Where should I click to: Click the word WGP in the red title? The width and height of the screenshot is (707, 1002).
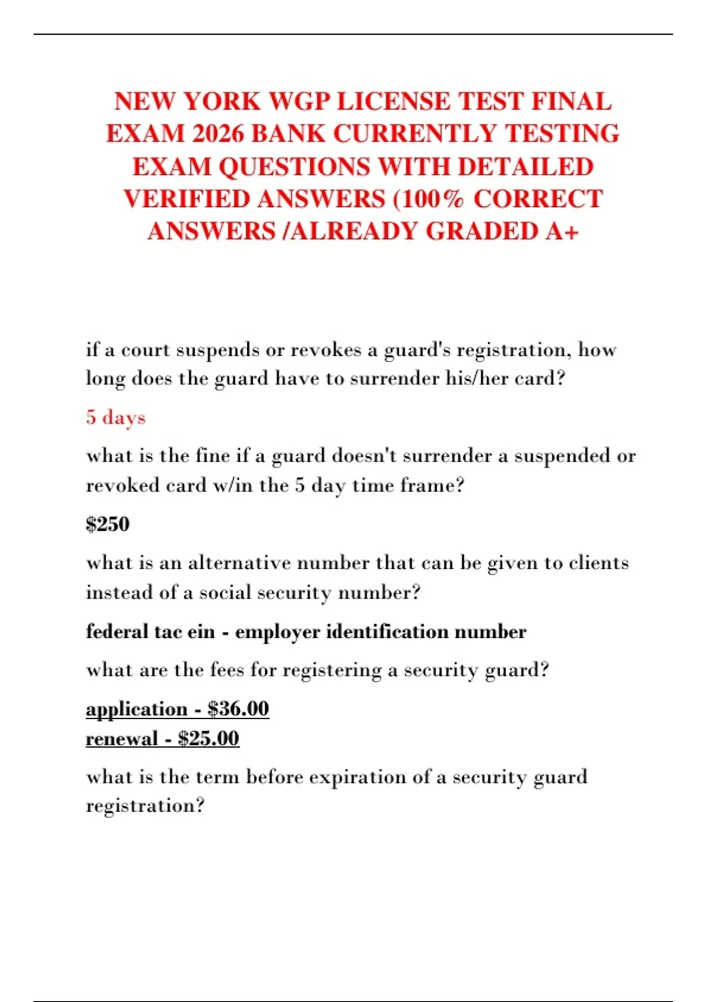[x=299, y=101]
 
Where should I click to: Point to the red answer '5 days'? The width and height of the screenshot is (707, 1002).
[x=115, y=417]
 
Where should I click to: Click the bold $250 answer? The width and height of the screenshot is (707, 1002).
[x=107, y=524]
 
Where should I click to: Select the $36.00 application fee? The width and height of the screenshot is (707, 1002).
[x=238, y=708]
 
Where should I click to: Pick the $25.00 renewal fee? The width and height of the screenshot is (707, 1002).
[x=209, y=739]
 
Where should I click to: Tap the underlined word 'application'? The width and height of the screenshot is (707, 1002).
[x=136, y=709]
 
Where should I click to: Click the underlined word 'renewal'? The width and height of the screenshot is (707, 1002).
[x=121, y=739]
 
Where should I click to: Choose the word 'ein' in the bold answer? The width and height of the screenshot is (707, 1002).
[x=201, y=632]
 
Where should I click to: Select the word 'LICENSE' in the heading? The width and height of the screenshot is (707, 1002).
[x=394, y=101]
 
